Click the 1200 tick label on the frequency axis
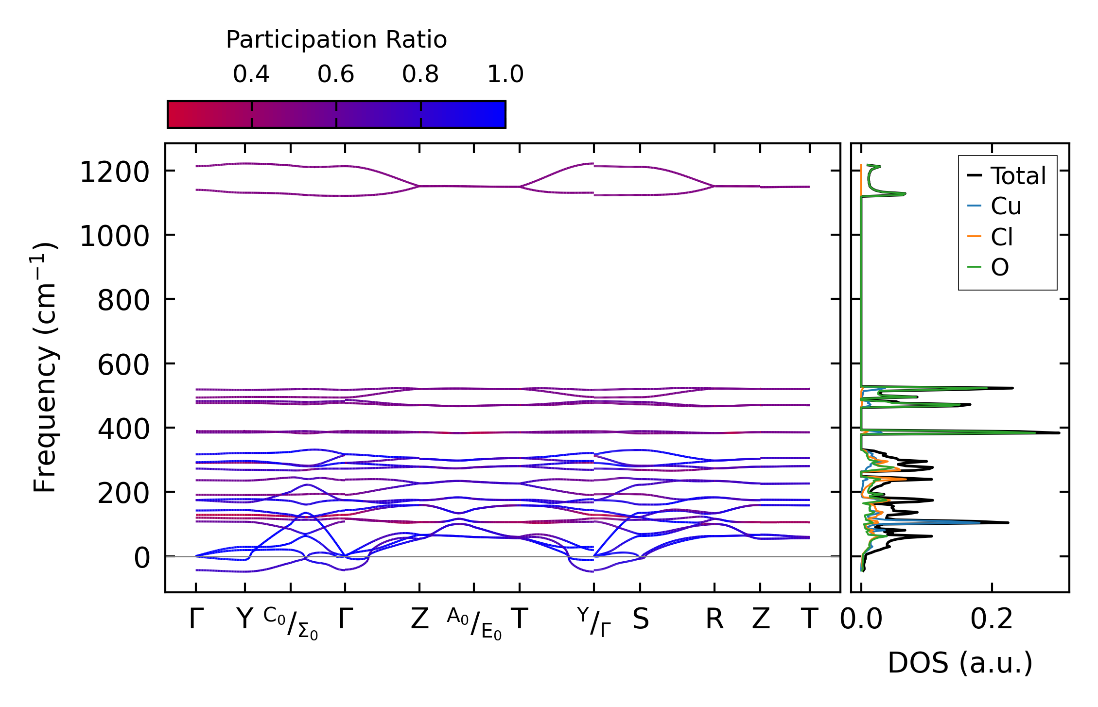[114, 172]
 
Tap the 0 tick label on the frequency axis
[142, 558]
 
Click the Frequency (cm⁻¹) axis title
[45, 367]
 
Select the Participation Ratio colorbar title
[336, 40]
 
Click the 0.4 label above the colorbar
[251, 74]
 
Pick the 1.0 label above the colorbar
[505, 74]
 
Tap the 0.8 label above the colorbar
[420, 74]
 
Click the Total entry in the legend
[1018, 176]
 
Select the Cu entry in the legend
[1006, 207]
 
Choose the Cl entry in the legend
[1002, 238]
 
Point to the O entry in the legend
[1000, 268]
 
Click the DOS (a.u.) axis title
[960, 663]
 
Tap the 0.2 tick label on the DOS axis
[992, 620]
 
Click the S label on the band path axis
[640, 620]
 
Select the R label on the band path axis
[714, 620]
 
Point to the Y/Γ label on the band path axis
[593, 622]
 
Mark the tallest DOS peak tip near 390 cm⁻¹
[1059, 432]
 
